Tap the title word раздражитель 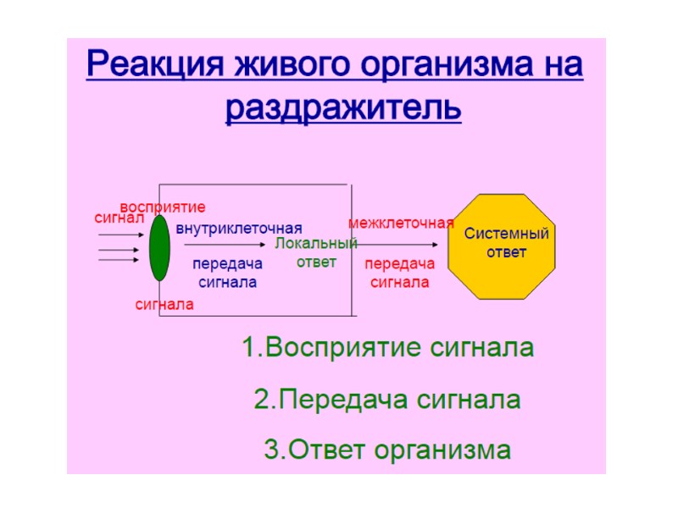pyautogui.click(x=343, y=108)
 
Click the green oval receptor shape pyautogui.click(x=159, y=247)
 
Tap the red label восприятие pyautogui.click(x=163, y=207)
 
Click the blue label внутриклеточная pyautogui.click(x=239, y=229)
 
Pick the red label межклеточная pyautogui.click(x=401, y=224)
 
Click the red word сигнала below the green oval pyautogui.click(x=164, y=304)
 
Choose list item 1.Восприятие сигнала pyautogui.click(x=387, y=348)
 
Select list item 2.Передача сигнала pyautogui.click(x=387, y=399)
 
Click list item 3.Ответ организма pyautogui.click(x=387, y=449)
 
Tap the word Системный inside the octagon pyautogui.click(x=507, y=234)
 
